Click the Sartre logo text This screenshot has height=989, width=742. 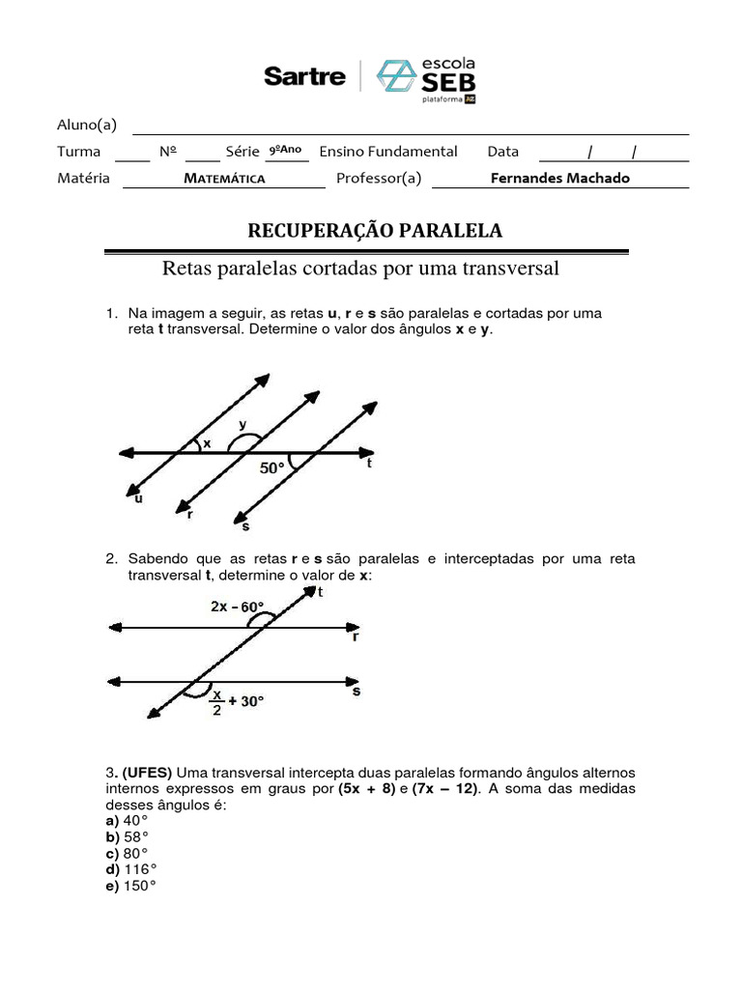pyautogui.click(x=304, y=76)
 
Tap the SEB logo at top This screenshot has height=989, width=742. pyautogui.click(x=426, y=77)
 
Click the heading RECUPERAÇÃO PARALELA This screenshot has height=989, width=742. pyautogui.click(x=376, y=230)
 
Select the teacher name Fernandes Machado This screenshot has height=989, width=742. pyautogui.click(x=559, y=178)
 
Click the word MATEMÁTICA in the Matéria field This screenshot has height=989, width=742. pyautogui.click(x=225, y=179)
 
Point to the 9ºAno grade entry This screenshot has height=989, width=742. pyautogui.click(x=285, y=150)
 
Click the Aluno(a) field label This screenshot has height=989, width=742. pyautogui.click(x=87, y=124)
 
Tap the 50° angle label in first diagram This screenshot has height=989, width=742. pyautogui.click(x=273, y=468)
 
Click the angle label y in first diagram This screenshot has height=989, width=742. pyautogui.click(x=242, y=423)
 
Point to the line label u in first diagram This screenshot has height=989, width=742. pyautogui.click(x=138, y=498)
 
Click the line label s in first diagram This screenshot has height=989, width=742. pyautogui.click(x=245, y=526)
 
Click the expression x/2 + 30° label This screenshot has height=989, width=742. pyautogui.click(x=238, y=702)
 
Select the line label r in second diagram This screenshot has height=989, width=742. pyautogui.click(x=356, y=637)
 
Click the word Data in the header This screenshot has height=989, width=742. pyautogui.click(x=502, y=151)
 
